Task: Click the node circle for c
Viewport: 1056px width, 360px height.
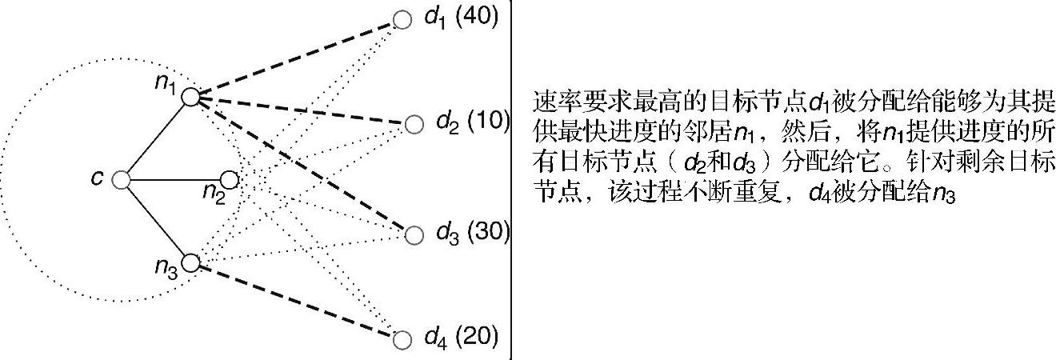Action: click(x=121, y=180)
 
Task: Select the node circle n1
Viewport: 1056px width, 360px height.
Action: click(x=190, y=97)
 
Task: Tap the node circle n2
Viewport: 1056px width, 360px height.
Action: click(x=229, y=179)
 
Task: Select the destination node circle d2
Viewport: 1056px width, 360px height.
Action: click(x=414, y=124)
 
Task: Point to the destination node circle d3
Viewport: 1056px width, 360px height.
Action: click(x=414, y=234)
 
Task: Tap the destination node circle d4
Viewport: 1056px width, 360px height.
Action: click(x=402, y=339)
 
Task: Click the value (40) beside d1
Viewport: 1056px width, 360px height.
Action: click(x=478, y=18)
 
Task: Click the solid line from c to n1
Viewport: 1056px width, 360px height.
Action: click(x=156, y=138)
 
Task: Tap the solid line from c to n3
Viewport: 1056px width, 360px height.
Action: click(x=156, y=222)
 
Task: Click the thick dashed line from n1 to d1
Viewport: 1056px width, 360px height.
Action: click(x=296, y=58)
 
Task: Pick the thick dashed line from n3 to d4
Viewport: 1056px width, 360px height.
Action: click(x=296, y=301)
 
